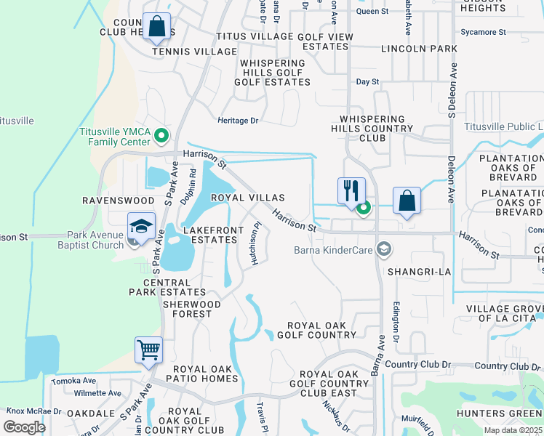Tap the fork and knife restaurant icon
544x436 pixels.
coord(351,191)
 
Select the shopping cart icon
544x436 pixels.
coord(148,350)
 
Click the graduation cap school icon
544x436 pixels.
coord(141,225)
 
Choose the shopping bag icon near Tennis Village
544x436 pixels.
coord(156,27)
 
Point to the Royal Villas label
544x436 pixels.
coord(247,198)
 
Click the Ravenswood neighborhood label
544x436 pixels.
coord(118,200)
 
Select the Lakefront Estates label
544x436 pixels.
coord(210,235)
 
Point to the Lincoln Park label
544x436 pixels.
coord(420,49)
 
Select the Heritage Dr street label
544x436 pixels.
coord(239,121)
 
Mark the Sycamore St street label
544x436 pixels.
coord(483,32)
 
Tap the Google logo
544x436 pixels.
coord(25,427)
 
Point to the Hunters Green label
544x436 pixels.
coord(499,413)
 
